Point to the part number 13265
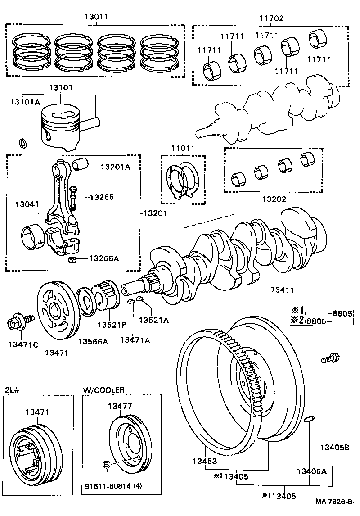coord(101,197)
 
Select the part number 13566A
coord(93,341)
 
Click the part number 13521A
coord(153,320)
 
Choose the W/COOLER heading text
coord(103,389)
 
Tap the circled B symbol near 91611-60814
coord(107,465)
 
